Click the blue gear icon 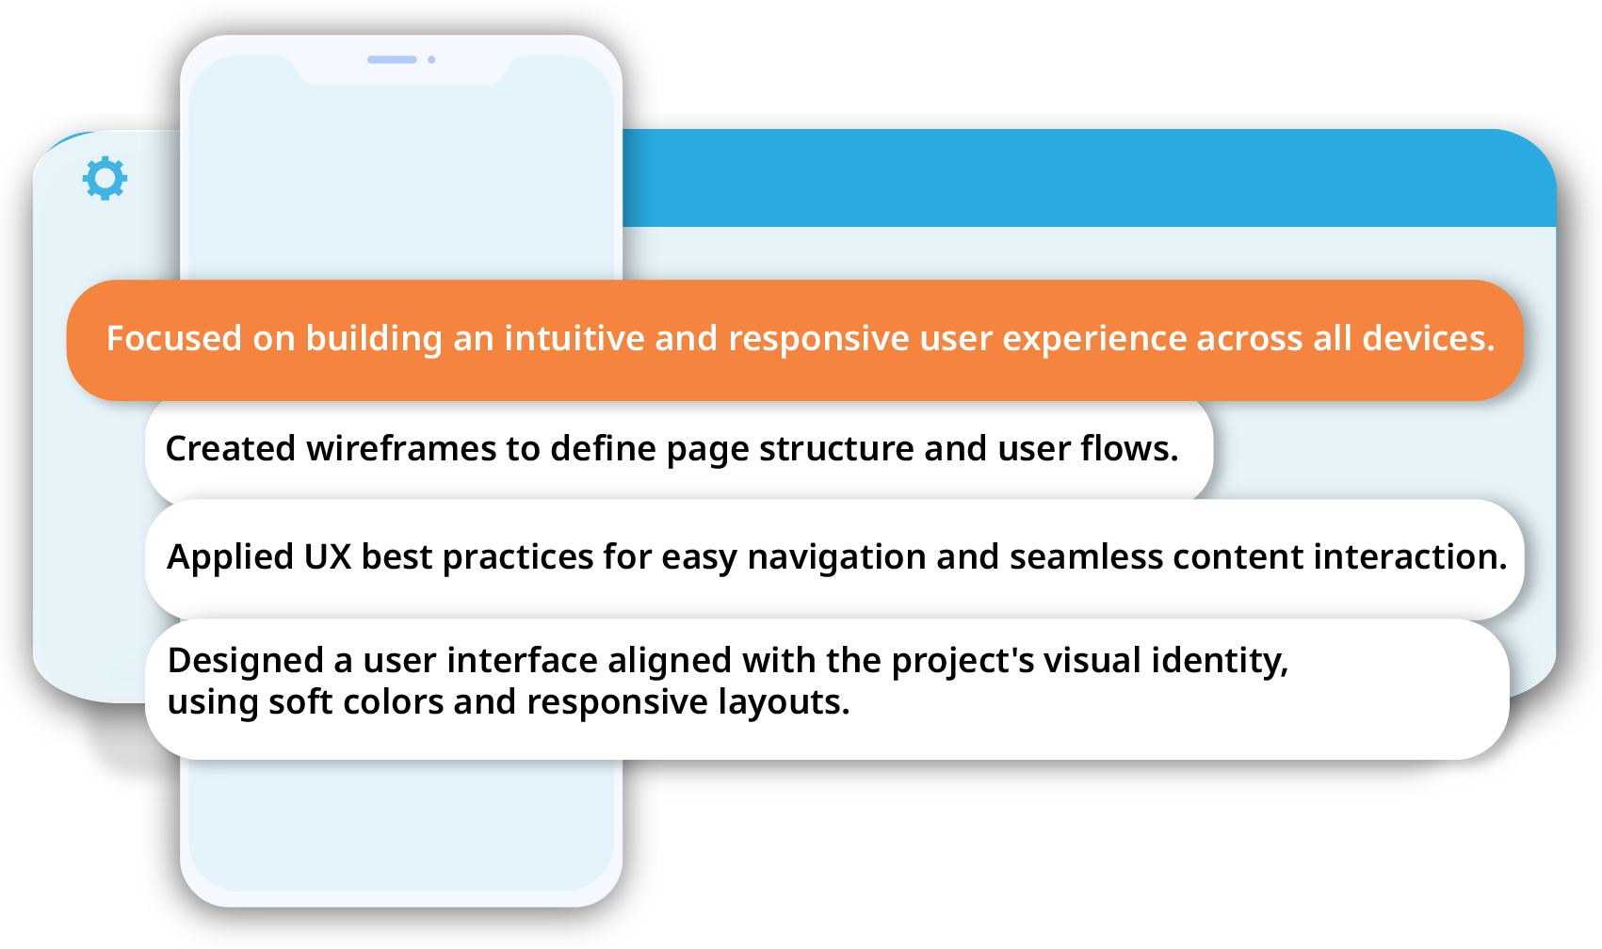coord(105,178)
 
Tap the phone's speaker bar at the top coord(392,59)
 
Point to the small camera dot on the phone coord(432,59)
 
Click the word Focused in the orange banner coord(174,338)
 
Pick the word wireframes coord(401,448)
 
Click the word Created coord(231,448)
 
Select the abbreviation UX coord(328,556)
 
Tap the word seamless coord(1086,556)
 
